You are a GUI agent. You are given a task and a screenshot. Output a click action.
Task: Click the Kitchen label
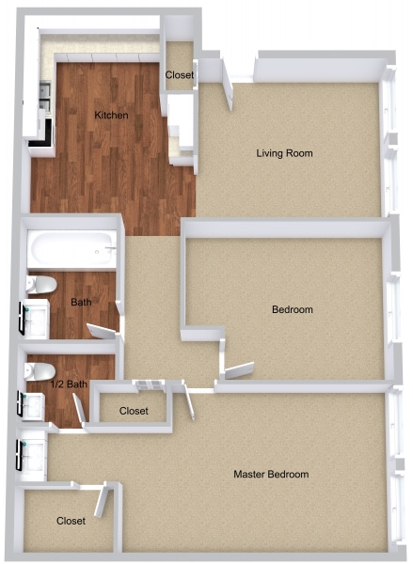[x=111, y=116]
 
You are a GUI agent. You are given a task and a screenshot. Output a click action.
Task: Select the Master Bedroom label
[x=271, y=474]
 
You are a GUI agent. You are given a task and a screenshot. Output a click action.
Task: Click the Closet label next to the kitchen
[x=180, y=75]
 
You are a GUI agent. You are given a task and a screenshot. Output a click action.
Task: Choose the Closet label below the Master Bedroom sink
[x=71, y=520]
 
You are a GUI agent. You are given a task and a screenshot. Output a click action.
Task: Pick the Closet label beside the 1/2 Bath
[x=135, y=411]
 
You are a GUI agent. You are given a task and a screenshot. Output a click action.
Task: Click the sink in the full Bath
[x=36, y=319]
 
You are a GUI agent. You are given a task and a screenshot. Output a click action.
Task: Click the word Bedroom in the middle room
[x=292, y=309]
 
